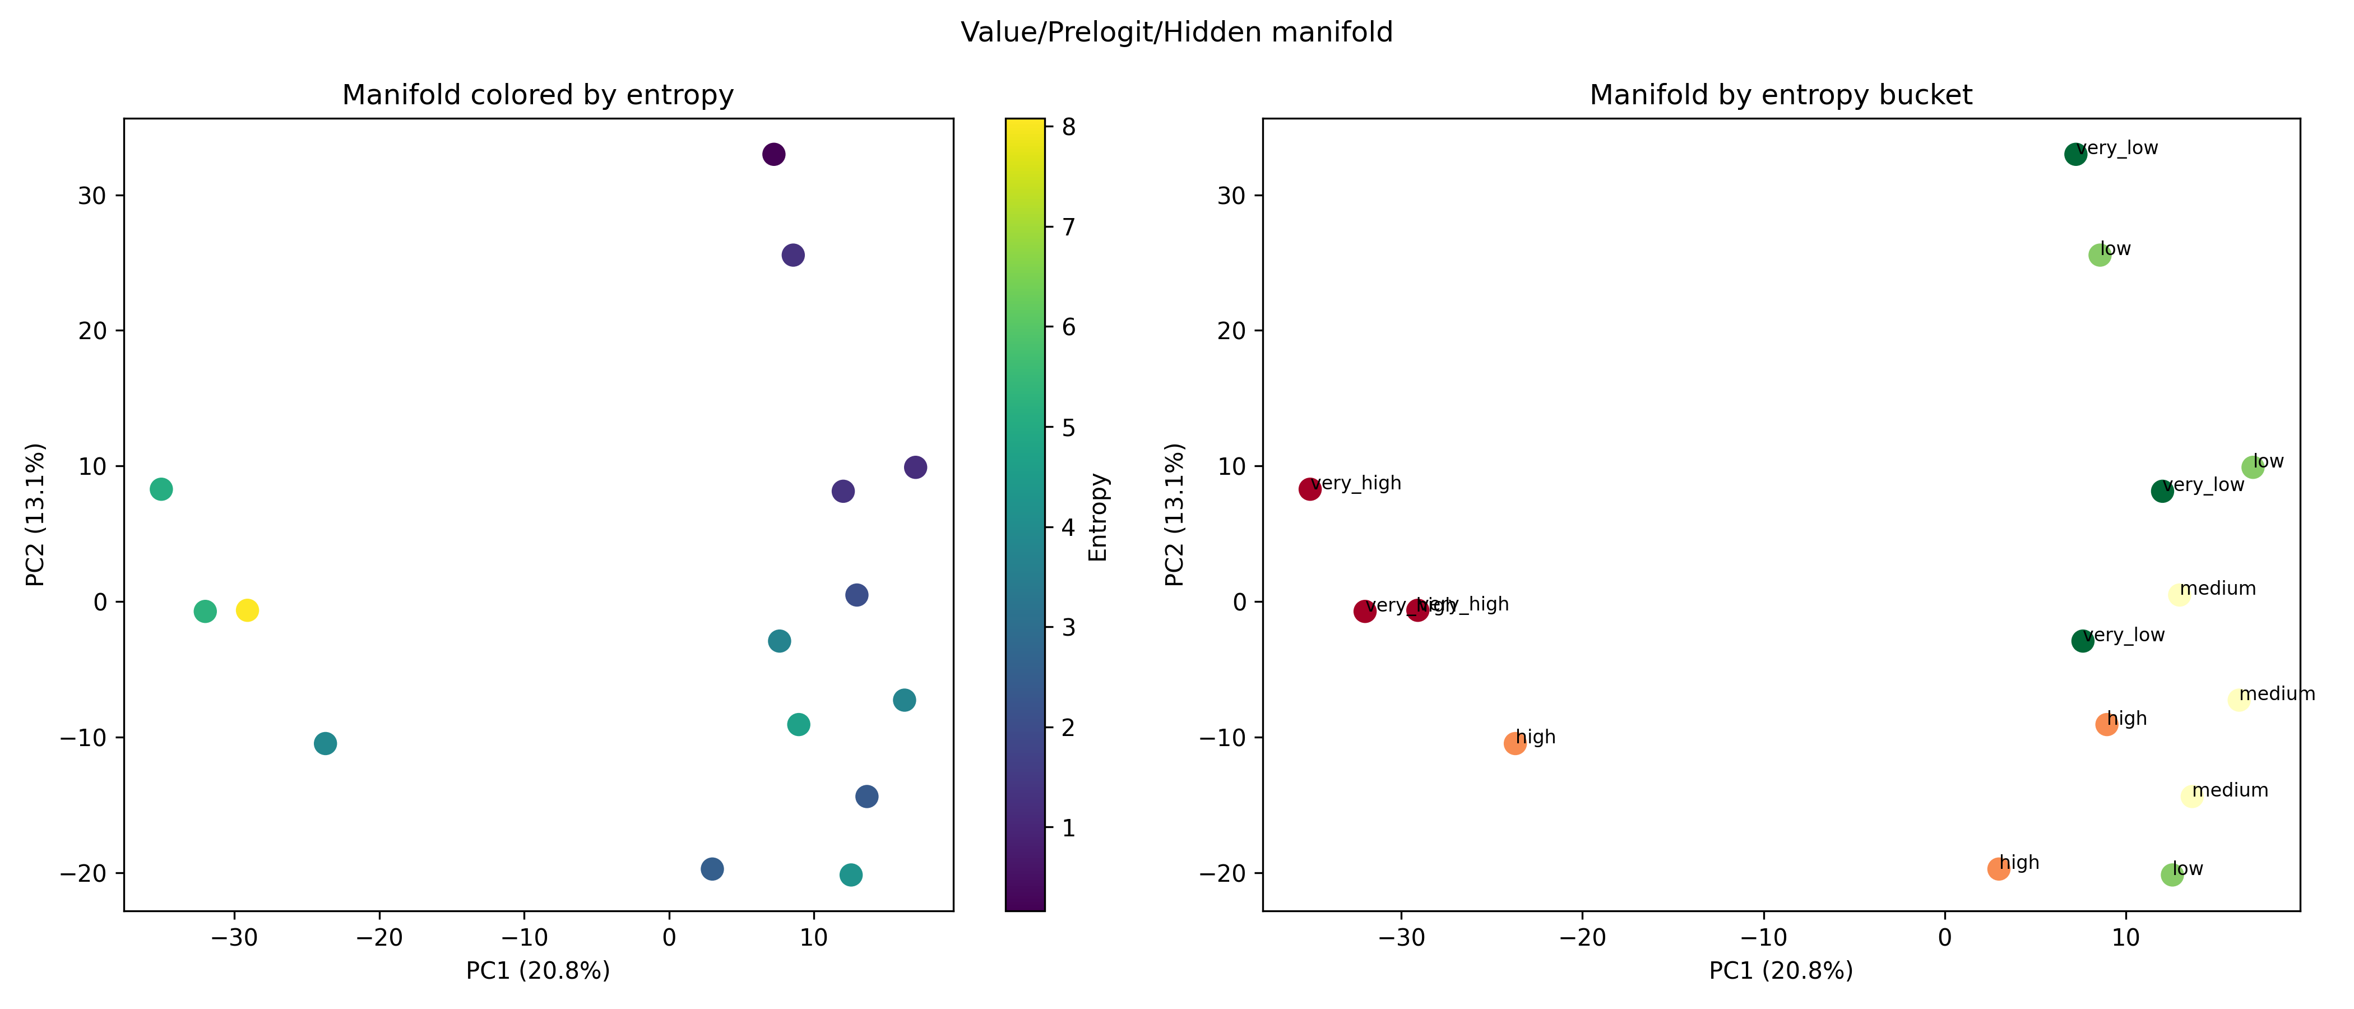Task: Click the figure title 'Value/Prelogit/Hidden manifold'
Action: click(x=1176, y=33)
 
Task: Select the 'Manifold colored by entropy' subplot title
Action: click(x=537, y=95)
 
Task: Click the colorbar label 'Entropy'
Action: click(x=1099, y=517)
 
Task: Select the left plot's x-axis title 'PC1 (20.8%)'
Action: click(x=537, y=971)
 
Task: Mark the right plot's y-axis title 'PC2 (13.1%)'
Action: click(x=1175, y=515)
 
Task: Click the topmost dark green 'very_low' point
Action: click(x=2075, y=155)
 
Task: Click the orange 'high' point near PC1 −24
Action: click(x=1515, y=743)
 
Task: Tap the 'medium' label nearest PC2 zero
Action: click(x=2218, y=589)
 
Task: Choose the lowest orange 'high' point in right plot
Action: click(x=1999, y=868)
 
